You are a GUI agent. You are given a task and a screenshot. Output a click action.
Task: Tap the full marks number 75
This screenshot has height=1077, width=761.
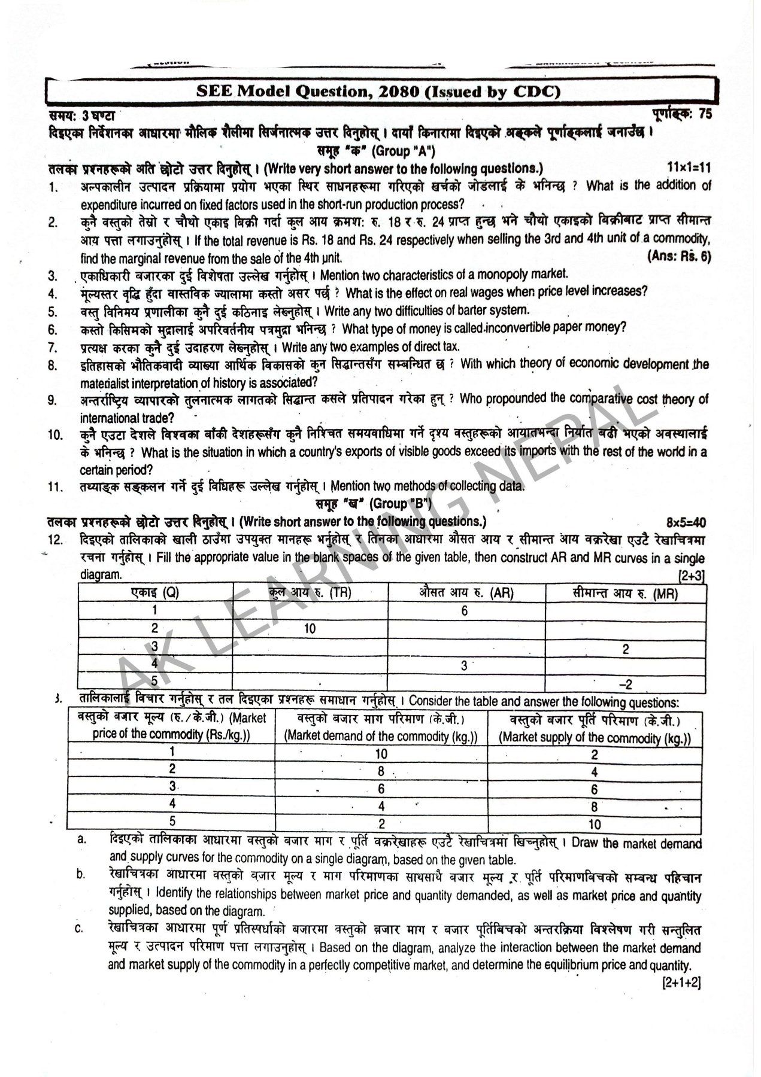point(705,114)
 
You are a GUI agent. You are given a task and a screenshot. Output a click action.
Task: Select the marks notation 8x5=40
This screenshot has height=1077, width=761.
point(687,522)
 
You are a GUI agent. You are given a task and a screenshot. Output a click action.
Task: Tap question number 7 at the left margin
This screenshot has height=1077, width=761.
point(53,347)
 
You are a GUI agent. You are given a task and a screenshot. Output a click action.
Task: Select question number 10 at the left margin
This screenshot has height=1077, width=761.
point(55,435)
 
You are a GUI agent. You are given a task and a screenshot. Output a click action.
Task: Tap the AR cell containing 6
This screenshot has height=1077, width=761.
point(464,611)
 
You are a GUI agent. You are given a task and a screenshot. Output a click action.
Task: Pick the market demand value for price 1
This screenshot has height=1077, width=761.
point(380,754)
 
